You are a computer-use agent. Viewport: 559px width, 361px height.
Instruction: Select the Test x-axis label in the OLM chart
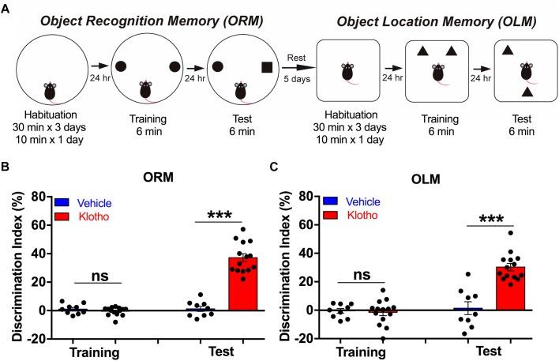pyautogui.click(x=497, y=352)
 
